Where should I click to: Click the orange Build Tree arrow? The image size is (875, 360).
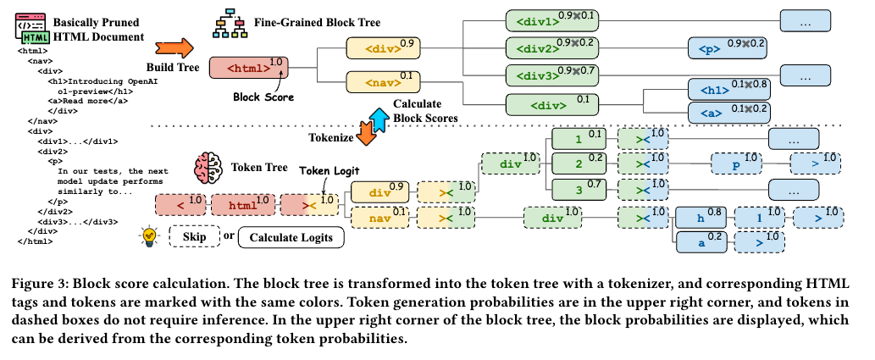coord(176,47)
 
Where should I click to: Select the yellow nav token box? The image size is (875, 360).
coord(377,219)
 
